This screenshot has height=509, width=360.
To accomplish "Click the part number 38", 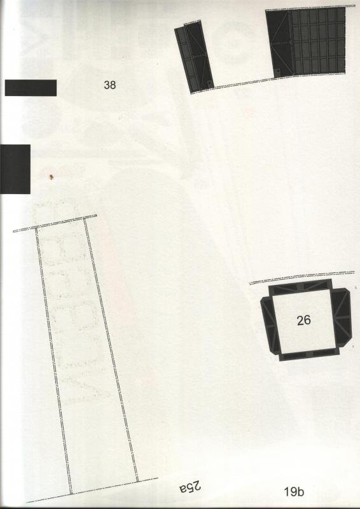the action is pos(110,85).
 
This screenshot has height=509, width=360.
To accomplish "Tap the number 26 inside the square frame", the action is pos(303,321).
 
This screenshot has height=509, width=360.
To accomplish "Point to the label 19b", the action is pos(294,492).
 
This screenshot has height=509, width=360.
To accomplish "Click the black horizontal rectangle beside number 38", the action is pos(31,88).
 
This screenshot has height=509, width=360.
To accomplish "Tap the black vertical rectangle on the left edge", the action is pos(15,169).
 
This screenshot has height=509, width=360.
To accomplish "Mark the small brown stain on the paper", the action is pos(51,177).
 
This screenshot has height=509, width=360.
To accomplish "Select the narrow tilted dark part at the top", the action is pos(194,57).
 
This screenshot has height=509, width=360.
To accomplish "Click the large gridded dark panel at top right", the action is pos(305,43).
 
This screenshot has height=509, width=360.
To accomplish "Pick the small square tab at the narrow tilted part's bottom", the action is pos(209,83).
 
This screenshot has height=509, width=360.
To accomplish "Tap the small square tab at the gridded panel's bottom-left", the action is pos(278,72).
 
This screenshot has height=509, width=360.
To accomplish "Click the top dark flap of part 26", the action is pos(300,287).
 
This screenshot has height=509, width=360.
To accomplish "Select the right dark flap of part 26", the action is pos(341,316).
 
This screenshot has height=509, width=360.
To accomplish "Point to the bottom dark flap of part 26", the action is pos(309,354).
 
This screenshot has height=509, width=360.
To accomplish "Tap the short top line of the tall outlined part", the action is pos(55,223).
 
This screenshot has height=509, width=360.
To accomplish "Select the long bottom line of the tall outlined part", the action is pos(92,490).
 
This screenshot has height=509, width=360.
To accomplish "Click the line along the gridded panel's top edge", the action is pos(310,8).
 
